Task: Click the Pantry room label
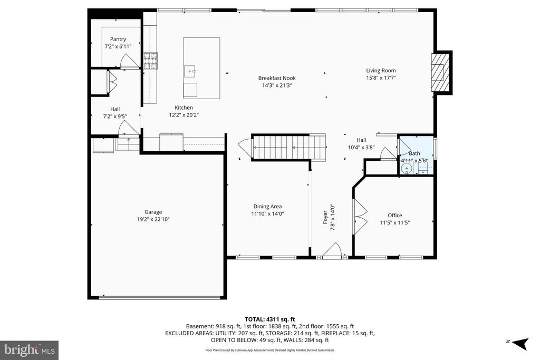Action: pyautogui.click(x=118, y=39)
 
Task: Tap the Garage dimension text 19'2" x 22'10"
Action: pyautogui.click(x=153, y=219)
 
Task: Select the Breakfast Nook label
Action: pyautogui.click(x=277, y=78)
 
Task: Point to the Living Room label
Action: pyautogui.click(x=381, y=70)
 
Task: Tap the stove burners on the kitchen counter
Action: pyautogui.click(x=151, y=62)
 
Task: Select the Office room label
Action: pyautogui.click(x=394, y=215)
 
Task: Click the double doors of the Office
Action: pyautogui.click(x=360, y=217)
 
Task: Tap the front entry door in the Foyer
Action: pyautogui.click(x=333, y=251)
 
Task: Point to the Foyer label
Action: pyautogui.click(x=325, y=218)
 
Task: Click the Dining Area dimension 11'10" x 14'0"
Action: pyautogui.click(x=268, y=214)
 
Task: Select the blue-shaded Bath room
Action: pyautogui.click(x=415, y=155)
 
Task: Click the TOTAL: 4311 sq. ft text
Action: pyautogui.click(x=269, y=319)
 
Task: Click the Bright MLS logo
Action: pyautogui.click(x=29, y=350)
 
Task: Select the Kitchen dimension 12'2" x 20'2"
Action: pyautogui.click(x=184, y=115)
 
